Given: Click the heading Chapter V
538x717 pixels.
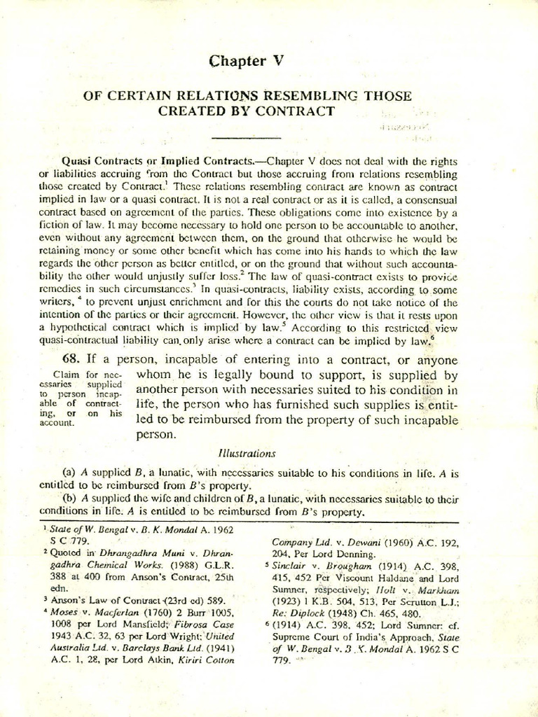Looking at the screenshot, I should click(x=245, y=61).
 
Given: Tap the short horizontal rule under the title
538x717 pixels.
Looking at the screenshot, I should click(x=245, y=137).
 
